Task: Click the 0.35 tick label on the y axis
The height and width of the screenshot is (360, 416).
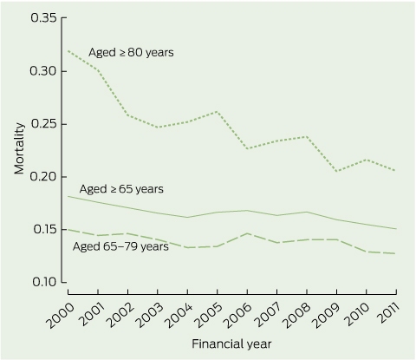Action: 43,18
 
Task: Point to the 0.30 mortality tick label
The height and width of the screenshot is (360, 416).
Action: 43,71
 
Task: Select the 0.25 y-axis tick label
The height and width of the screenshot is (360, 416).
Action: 43,124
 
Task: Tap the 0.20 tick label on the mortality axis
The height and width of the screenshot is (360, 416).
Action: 43,177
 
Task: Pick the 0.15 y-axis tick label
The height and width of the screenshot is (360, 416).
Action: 44,230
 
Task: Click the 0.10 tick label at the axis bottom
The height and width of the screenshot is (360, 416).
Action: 44,282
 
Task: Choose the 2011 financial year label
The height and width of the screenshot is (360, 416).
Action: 389,314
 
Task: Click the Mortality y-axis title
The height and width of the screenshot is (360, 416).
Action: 19,148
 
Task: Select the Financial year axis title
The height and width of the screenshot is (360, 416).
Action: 231,344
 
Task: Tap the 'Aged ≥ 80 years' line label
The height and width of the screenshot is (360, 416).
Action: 131,53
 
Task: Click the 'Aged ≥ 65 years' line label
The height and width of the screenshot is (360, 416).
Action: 121,189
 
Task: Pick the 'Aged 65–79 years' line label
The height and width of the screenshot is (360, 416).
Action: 120,246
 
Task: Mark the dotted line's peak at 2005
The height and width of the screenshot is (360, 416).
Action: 218,111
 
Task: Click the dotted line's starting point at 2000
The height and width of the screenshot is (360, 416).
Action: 68,51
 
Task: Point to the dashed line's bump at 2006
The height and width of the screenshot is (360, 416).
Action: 247,233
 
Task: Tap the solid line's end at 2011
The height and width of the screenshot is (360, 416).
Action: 396,229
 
